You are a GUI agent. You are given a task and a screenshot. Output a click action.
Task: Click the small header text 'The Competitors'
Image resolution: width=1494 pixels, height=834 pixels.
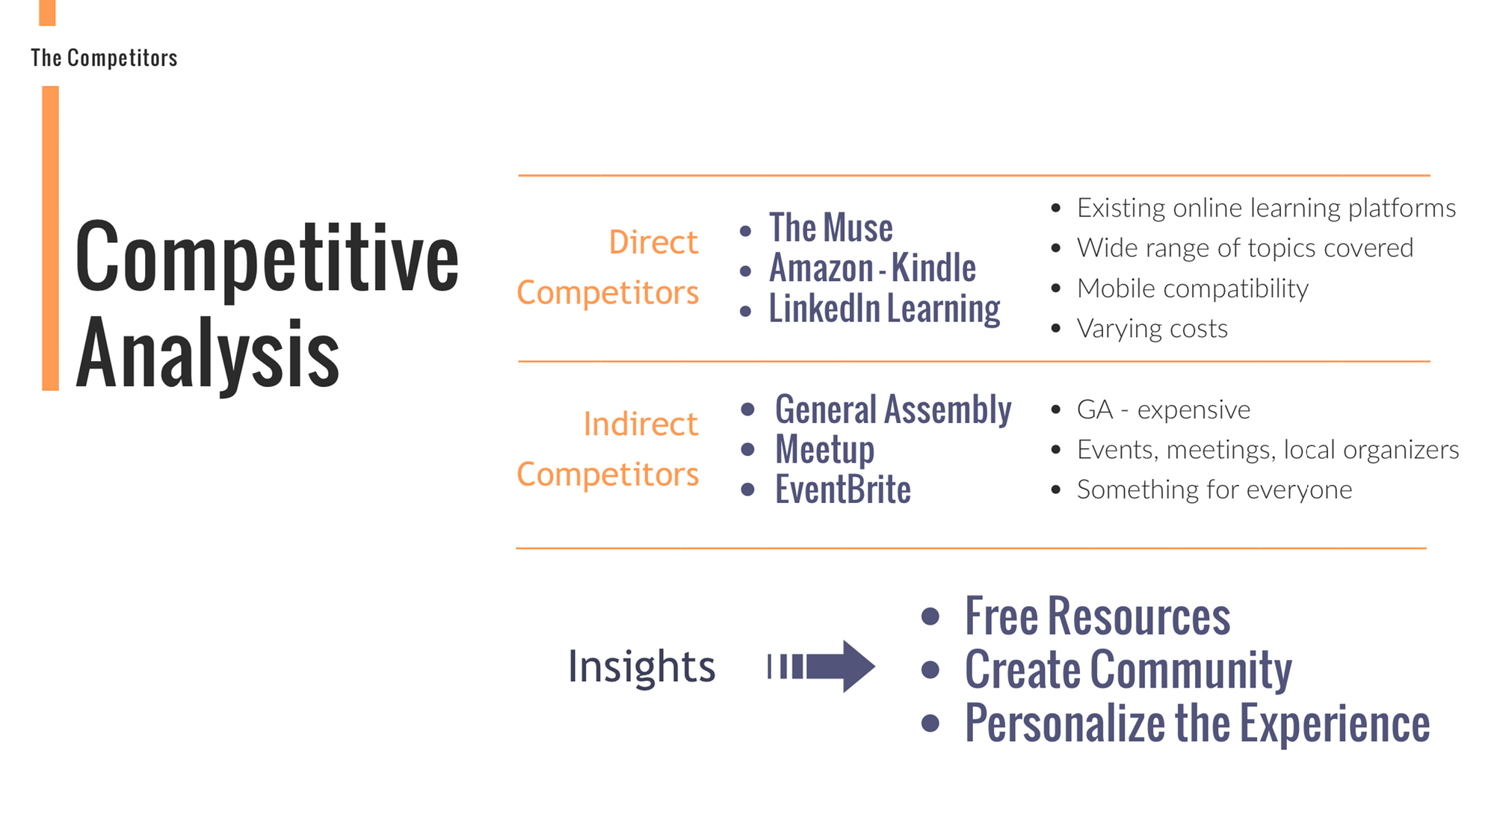pyautogui.click(x=104, y=58)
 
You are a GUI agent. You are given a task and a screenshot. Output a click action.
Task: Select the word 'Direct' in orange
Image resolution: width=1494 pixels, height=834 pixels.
pyautogui.click(x=653, y=242)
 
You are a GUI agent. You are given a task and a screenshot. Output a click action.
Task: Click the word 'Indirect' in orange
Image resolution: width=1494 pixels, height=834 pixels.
pyautogui.click(x=640, y=424)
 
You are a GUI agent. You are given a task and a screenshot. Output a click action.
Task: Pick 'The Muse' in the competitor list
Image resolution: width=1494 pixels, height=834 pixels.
pyautogui.click(x=831, y=227)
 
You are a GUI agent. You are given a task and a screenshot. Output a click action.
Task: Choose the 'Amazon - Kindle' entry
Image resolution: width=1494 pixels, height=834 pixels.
pyautogui.click(x=873, y=268)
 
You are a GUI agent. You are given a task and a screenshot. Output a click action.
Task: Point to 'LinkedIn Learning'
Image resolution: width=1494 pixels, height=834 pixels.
pyautogui.click(x=885, y=309)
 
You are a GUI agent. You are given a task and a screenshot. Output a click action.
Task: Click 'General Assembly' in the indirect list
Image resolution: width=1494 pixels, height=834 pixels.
pyautogui.click(x=893, y=410)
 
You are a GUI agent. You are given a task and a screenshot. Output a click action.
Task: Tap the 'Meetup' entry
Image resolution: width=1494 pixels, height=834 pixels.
pyautogui.click(x=825, y=450)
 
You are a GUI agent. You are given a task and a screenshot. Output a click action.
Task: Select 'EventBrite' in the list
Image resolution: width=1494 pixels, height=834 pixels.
pyautogui.click(x=843, y=490)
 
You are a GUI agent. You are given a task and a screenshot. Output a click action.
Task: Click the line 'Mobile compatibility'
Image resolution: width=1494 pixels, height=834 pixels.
pyautogui.click(x=1193, y=288)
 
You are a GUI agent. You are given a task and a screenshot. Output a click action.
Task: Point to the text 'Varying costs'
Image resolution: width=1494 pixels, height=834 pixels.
pyautogui.click(x=1152, y=329)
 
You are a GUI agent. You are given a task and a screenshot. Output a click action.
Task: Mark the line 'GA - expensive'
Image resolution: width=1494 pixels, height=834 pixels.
pyautogui.click(x=1164, y=410)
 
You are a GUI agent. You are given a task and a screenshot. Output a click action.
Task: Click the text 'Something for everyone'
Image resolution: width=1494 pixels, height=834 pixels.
pyautogui.click(x=1214, y=489)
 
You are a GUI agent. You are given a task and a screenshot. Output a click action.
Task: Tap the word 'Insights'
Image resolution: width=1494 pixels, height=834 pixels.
pyautogui.click(x=641, y=666)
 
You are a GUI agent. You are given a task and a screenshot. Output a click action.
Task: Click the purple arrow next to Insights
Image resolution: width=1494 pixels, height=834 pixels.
pyautogui.click(x=821, y=666)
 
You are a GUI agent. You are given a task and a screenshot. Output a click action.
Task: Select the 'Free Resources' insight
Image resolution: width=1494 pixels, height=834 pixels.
pyautogui.click(x=1098, y=617)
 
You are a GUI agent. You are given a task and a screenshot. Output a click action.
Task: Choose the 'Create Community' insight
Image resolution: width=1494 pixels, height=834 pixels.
pyautogui.click(x=1129, y=670)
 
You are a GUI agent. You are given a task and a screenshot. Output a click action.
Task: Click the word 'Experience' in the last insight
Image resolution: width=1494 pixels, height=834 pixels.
pyautogui.click(x=1335, y=723)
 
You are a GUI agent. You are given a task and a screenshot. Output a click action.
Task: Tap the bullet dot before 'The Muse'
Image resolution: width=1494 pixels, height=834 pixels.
pyautogui.click(x=745, y=231)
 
